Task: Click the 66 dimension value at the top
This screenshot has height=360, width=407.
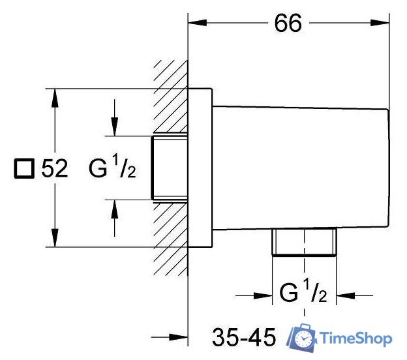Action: pyautogui.click(x=288, y=23)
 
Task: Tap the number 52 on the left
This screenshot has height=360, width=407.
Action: pyautogui.click(x=55, y=168)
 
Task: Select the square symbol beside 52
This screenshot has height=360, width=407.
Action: pyautogui.click(x=24, y=168)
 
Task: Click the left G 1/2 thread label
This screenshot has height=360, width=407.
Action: pyautogui.click(x=112, y=168)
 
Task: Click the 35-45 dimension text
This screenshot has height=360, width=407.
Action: pyautogui.click(x=244, y=337)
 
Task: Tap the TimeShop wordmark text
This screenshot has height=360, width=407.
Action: pyautogui.click(x=356, y=338)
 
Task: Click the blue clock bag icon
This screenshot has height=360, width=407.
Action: pyautogui.click(x=301, y=337)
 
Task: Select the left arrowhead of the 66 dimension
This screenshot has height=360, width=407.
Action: pyautogui.click(x=197, y=23)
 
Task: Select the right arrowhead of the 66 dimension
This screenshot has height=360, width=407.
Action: pyautogui.click(x=380, y=23)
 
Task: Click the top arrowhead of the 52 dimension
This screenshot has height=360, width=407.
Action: pyautogui.click(x=55, y=98)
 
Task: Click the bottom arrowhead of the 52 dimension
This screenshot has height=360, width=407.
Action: pyautogui.click(x=55, y=238)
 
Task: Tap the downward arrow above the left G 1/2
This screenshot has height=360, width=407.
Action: pyautogui.click(x=115, y=117)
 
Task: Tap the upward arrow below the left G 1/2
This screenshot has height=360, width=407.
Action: pyautogui.click(x=115, y=218)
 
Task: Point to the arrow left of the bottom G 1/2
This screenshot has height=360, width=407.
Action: pyautogui.click(x=254, y=295)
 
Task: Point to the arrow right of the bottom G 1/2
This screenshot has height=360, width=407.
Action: pyautogui.click(x=355, y=295)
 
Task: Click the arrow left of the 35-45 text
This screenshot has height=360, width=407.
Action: pyautogui.click(x=170, y=337)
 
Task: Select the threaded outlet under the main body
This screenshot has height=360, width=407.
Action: pyautogui.click(x=304, y=242)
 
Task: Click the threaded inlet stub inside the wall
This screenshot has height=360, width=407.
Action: pyautogui.click(x=170, y=168)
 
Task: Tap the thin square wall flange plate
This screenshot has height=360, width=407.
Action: pyautogui.click(x=200, y=168)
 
